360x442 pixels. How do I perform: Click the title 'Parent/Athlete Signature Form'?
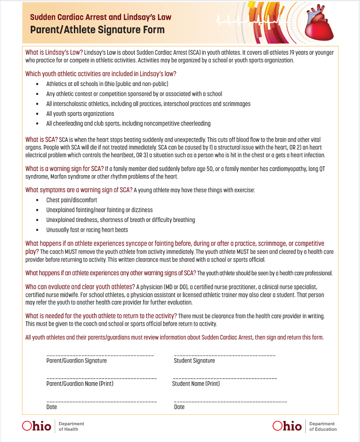click(x=97, y=30)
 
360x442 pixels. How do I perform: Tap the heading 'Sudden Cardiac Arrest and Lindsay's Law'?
click(x=101, y=17)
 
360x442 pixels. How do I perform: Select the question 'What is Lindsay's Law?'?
click(x=54, y=52)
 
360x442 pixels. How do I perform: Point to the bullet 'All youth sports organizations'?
click(x=80, y=114)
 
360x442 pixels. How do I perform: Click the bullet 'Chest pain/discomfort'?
click(x=72, y=200)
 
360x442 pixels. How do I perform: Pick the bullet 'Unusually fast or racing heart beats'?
click(x=87, y=230)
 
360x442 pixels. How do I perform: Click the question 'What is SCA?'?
click(x=42, y=140)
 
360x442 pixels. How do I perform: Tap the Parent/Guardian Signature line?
click(x=100, y=356)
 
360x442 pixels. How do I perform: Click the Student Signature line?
click(x=224, y=356)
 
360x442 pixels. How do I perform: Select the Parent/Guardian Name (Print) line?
click(x=101, y=378)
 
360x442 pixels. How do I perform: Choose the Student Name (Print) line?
click(x=225, y=378)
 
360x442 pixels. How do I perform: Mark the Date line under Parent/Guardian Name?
click(x=101, y=402)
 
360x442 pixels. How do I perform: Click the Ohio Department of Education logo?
click(x=304, y=426)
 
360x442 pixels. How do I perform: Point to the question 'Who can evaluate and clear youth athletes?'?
click(x=80, y=286)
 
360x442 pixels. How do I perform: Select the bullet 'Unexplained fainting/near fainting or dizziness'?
click(x=99, y=210)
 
